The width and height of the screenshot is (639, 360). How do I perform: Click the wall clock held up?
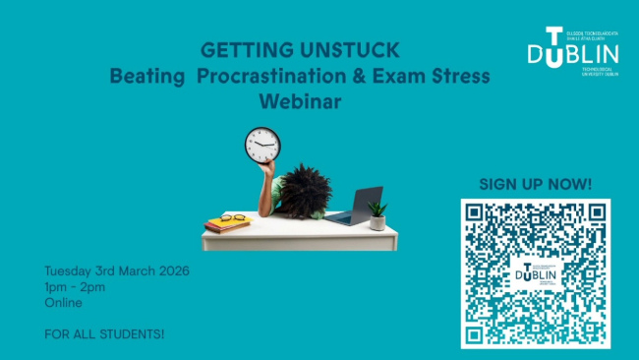(262, 146)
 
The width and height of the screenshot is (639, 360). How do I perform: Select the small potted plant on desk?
(378, 214)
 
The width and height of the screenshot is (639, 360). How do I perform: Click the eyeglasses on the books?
(232, 217)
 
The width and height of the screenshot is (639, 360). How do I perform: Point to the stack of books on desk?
(227, 224)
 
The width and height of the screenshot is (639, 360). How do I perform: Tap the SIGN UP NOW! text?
(535, 184)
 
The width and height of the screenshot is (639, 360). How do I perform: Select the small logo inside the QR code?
(535, 272)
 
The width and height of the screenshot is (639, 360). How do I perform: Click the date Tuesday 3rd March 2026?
(117, 270)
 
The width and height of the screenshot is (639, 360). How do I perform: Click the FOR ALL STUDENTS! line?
(104, 333)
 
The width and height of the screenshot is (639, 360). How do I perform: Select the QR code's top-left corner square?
(476, 213)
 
